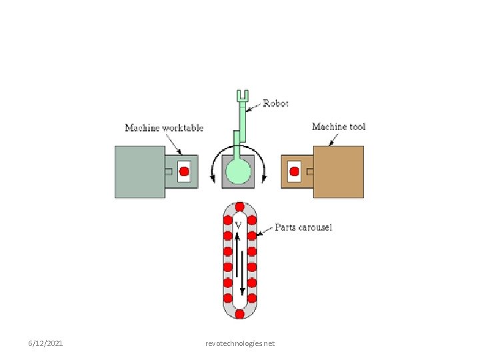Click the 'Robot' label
coord(275,103)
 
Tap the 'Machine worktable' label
coord(164,128)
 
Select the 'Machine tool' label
coord(339,127)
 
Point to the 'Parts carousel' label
coord(304,227)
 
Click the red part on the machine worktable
coord(185,171)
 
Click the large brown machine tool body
coord(339,172)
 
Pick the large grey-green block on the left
coord(140,172)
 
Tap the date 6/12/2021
coord(45,343)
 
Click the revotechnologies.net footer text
coord(240,343)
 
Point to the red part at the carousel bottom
coord(239,313)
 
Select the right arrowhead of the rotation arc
coord(265,177)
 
